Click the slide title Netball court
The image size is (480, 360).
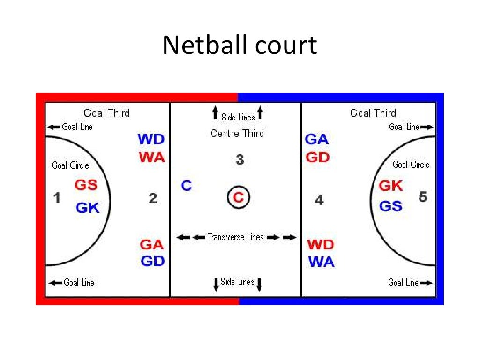point(240,46)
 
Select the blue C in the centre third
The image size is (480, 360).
point(187,186)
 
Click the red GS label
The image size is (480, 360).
point(86,185)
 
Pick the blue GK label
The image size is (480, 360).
point(88,207)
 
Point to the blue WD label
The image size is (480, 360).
point(151,140)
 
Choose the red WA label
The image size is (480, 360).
point(152,157)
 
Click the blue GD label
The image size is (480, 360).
point(153,262)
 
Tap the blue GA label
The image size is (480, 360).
point(317,140)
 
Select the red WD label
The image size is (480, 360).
point(321,245)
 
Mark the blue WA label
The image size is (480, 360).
point(322,262)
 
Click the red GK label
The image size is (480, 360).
point(390,186)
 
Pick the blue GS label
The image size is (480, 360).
point(390,205)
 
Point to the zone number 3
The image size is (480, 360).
point(240,160)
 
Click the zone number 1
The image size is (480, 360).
point(57,198)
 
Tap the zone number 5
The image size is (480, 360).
point(423,197)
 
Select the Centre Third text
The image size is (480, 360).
point(237,134)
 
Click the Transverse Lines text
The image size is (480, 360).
point(236,237)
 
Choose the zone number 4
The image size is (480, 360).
point(319,201)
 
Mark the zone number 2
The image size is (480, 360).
point(153,199)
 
